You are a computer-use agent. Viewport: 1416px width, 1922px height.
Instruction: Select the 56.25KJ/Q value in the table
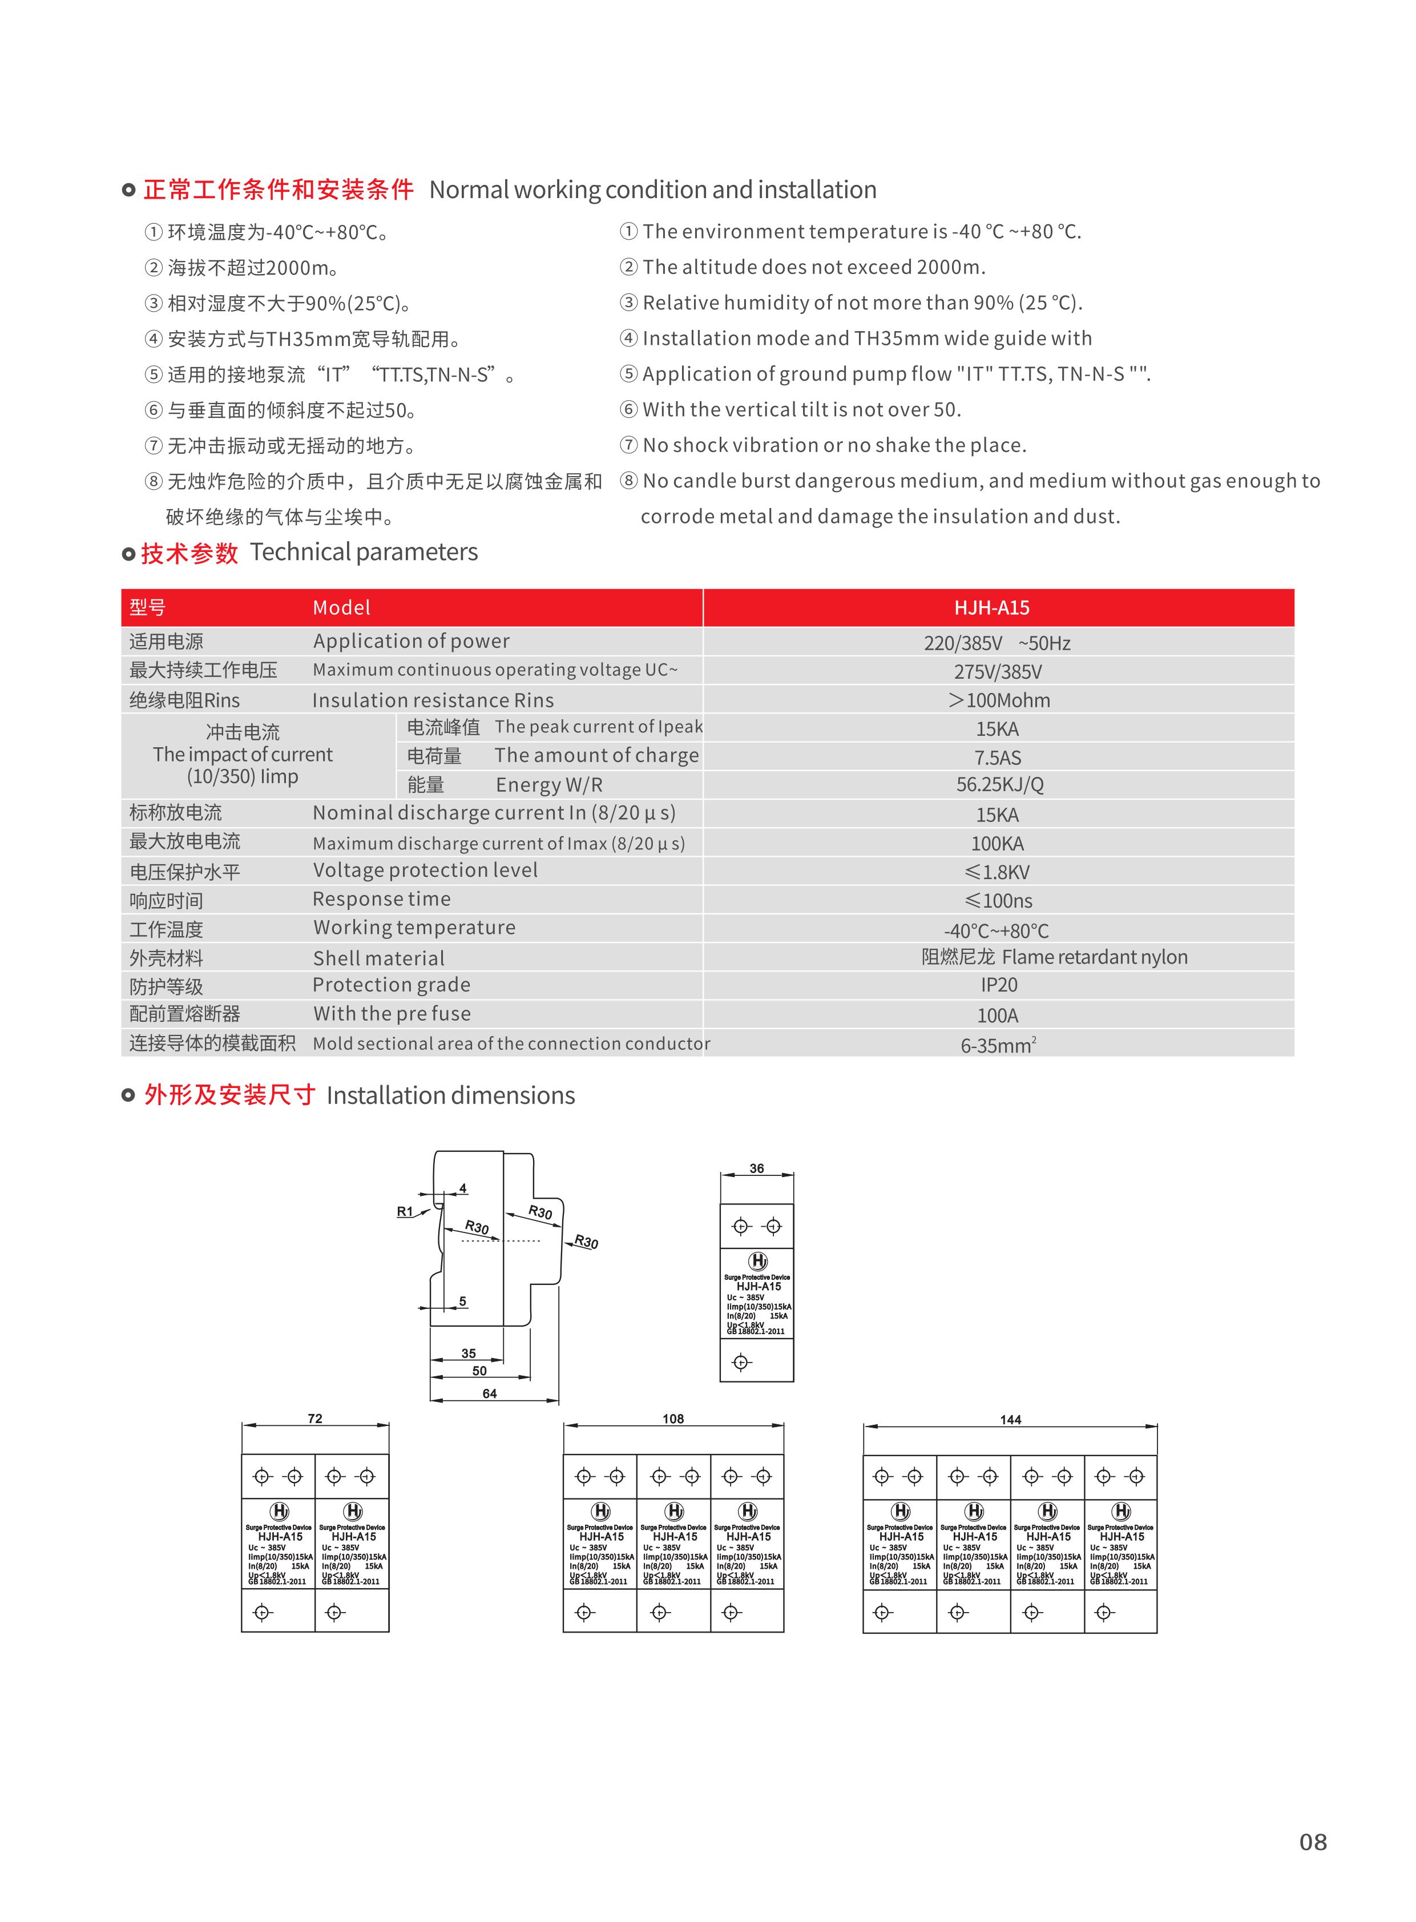(x=999, y=784)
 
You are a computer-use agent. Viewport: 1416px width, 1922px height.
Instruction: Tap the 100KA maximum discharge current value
(x=997, y=844)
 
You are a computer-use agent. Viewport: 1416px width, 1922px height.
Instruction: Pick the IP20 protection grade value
(x=999, y=985)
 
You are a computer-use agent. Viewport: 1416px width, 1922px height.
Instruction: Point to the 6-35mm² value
(x=998, y=1045)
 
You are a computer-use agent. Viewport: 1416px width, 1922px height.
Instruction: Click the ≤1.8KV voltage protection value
(x=997, y=872)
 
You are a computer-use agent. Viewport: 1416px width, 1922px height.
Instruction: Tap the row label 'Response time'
(x=381, y=899)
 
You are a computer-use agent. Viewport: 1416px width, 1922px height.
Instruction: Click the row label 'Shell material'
(x=379, y=958)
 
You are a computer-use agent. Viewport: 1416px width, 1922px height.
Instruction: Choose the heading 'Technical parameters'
(x=364, y=552)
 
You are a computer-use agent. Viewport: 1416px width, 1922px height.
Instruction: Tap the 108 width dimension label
(x=673, y=1419)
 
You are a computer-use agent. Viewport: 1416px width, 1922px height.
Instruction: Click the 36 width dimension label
(x=756, y=1168)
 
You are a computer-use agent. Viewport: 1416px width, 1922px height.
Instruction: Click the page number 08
(x=1312, y=1842)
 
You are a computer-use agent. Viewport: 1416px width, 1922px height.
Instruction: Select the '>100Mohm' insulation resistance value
(x=999, y=700)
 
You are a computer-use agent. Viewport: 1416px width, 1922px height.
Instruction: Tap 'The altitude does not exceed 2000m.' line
(x=813, y=268)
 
